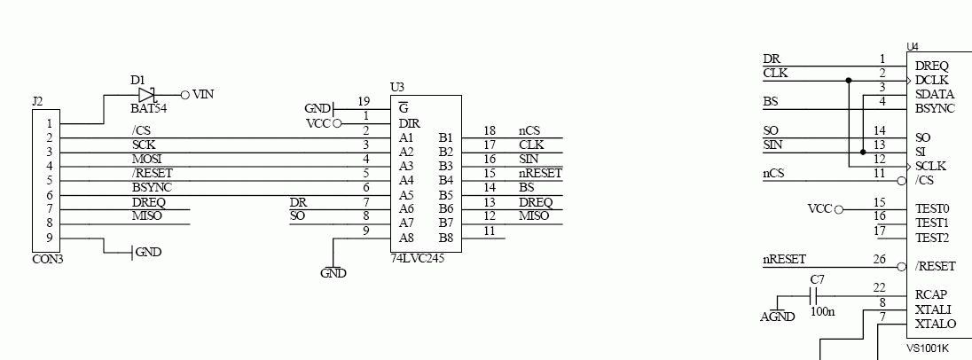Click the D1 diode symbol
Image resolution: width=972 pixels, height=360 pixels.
148,94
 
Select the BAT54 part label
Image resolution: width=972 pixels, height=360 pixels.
149,108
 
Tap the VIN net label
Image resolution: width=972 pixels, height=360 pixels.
203,94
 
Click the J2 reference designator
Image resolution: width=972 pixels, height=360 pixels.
37,102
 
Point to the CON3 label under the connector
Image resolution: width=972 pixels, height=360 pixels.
47,259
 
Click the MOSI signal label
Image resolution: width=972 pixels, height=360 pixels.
146,159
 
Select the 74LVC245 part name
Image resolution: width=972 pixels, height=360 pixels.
418,258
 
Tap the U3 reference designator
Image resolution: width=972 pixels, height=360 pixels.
397,87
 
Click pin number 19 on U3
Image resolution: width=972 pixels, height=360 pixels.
364,101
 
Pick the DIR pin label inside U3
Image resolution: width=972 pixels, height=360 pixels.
409,123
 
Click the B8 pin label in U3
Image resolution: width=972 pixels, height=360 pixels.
445,238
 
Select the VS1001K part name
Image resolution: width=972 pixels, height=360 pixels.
928,348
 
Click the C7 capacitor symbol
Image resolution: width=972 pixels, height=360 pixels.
817,295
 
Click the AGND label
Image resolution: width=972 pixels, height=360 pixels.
778,317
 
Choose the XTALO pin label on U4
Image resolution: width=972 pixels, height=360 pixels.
934,324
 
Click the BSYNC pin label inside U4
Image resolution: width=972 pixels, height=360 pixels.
935,108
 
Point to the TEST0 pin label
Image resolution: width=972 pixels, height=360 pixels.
932,209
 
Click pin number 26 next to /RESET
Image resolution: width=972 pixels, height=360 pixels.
879,260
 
